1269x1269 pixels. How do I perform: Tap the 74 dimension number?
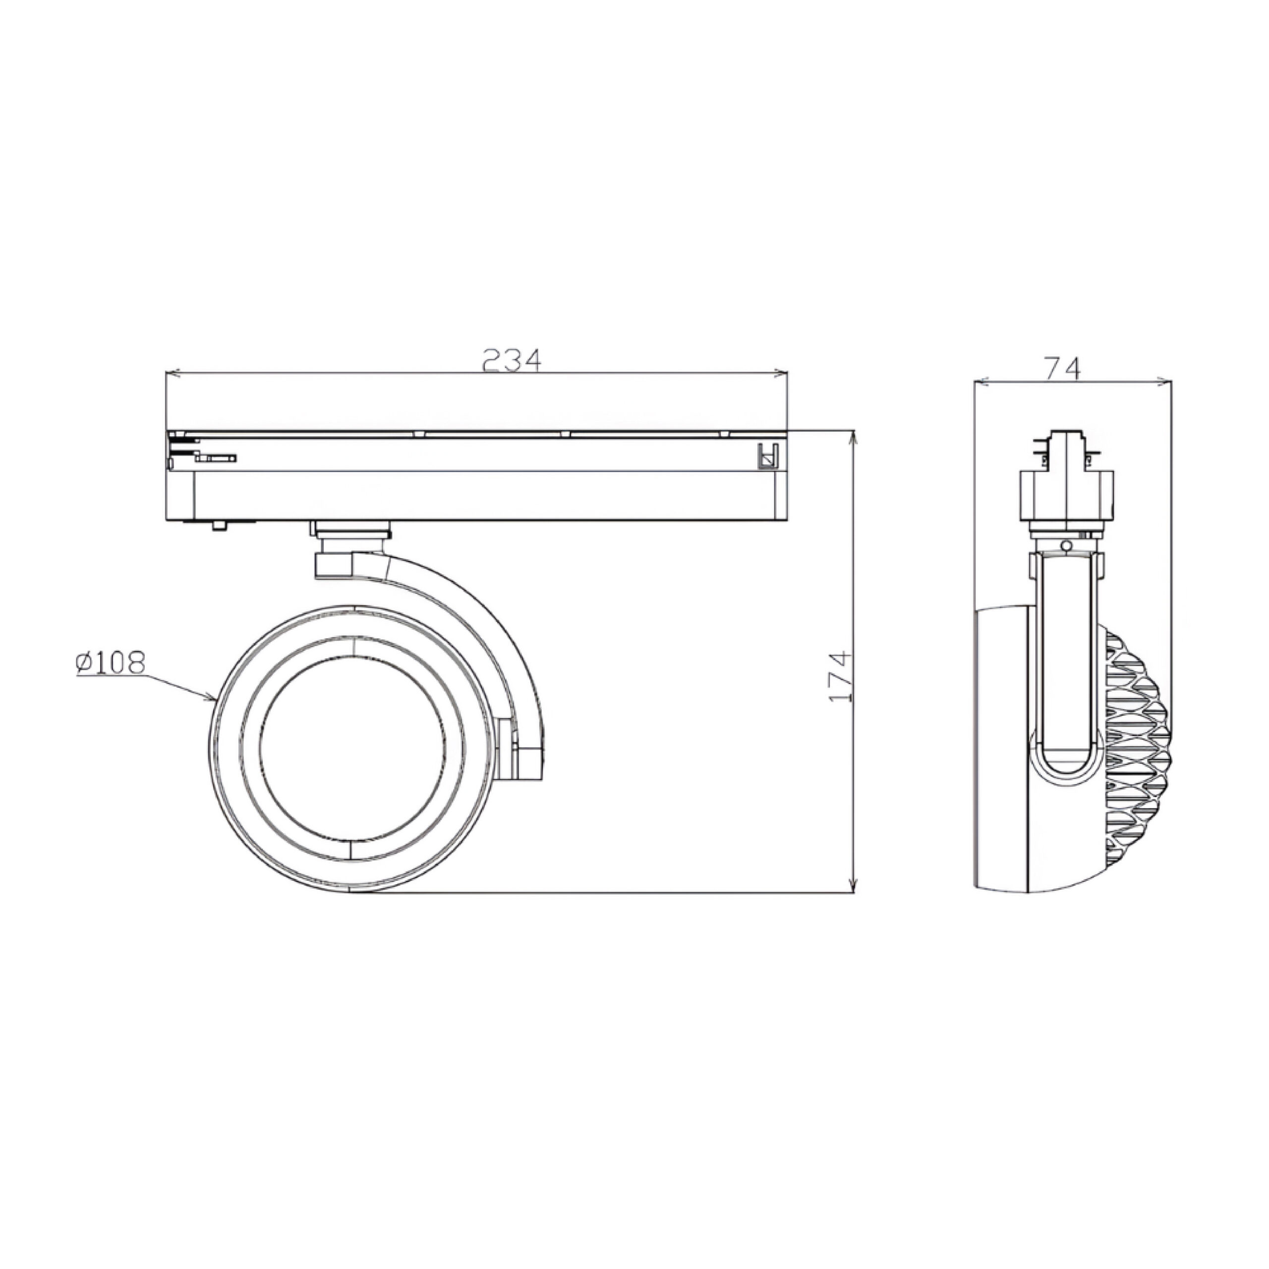pyautogui.click(x=1062, y=368)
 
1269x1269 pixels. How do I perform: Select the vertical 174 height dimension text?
pyautogui.click(x=840, y=677)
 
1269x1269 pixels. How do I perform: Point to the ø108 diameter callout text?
pyautogui.click(x=110, y=663)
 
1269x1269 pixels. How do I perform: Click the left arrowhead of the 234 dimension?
pyautogui.click(x=173, y=374)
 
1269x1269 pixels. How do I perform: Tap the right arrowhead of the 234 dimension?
pyautogui.click(x=780, y=374)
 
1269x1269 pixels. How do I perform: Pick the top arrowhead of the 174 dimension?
pyautogui.click(x=854, y=438)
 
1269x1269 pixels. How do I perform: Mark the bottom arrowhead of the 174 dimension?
pyautogui.click(x=854, y=885)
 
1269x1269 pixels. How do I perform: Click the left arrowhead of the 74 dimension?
pyautogui.click(x=982, y=381)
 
